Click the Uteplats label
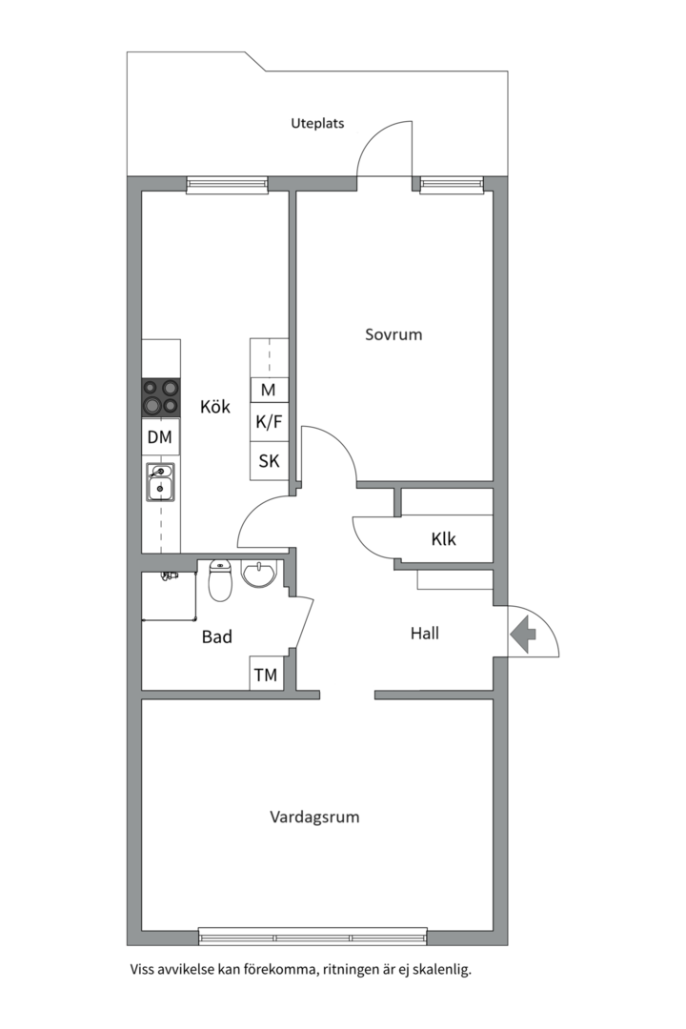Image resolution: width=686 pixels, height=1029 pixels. point(317,123)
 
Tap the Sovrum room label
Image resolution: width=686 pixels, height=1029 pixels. point(393,334)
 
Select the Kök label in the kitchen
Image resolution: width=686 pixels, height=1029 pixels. point(215,407)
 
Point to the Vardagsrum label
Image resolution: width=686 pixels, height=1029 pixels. point(314,817)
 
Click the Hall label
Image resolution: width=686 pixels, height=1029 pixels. point(425,633)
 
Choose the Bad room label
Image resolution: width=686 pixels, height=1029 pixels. point(217,636)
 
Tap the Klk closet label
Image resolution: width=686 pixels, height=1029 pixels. point(443,539)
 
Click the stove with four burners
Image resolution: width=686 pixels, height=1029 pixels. point(161,397)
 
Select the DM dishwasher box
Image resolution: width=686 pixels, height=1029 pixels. point(161,438)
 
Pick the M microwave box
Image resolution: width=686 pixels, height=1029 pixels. point(269,390)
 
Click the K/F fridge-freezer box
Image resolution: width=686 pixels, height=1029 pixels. point(269,422)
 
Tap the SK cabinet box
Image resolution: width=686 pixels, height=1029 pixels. point(269,461)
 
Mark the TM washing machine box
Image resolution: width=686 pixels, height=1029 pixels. point(266,675)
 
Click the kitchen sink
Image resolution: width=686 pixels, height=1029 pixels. point(160,483)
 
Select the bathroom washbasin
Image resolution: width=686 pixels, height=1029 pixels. point(260,575)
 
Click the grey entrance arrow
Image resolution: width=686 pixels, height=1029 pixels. point(523,634)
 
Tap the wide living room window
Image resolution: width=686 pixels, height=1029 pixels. point(313,938)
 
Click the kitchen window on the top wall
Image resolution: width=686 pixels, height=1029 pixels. point(227,184)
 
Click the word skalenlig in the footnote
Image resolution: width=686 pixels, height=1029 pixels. point(436,970)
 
